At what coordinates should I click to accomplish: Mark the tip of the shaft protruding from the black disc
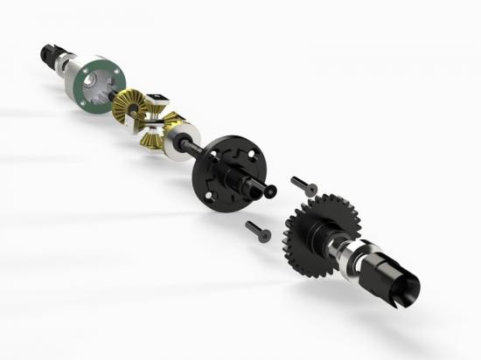[x=271, y=190]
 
